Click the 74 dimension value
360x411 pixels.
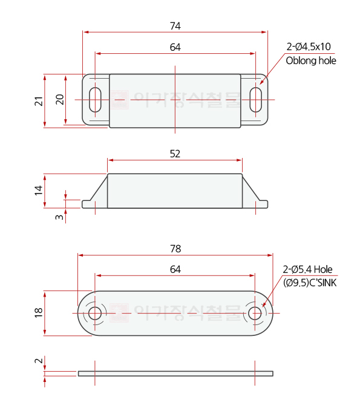(175, 26)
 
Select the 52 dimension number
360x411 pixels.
(175, 154)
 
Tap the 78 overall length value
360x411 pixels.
(175, 249)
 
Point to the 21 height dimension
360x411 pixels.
(39, 101)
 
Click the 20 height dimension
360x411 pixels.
(60, 99)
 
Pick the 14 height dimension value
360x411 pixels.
(39, 190)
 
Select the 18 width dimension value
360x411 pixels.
(39, 313)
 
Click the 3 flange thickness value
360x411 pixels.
(59, 217)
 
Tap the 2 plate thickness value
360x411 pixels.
(39, 361)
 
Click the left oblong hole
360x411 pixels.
(95, 100)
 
